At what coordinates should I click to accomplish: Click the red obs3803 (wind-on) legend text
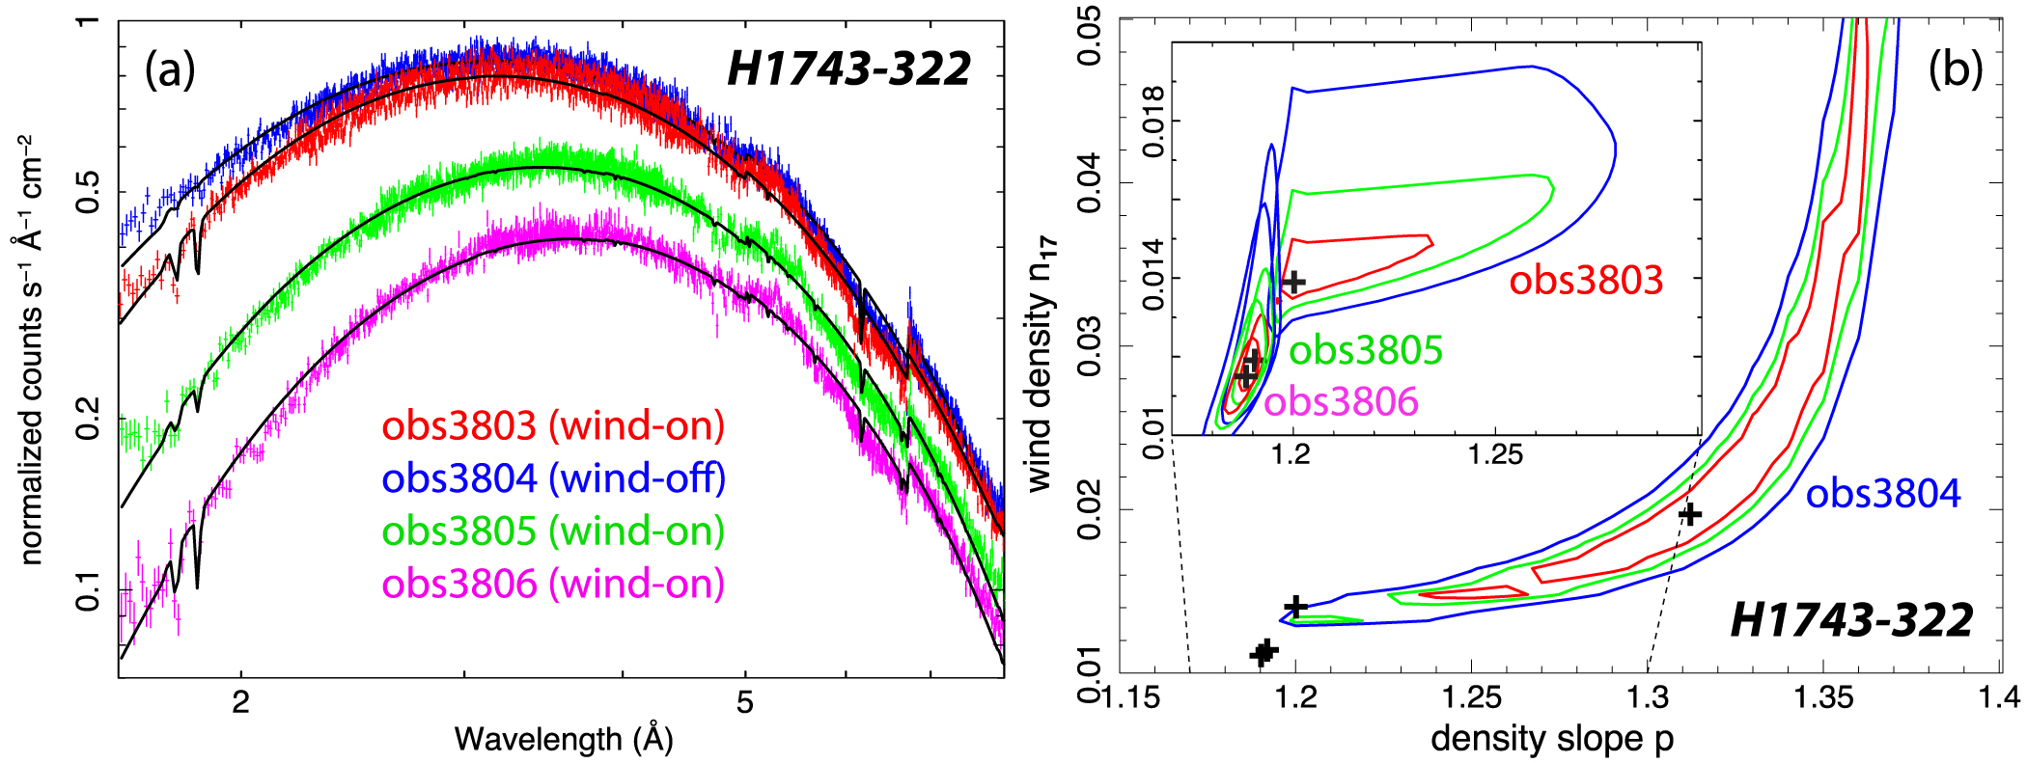552,426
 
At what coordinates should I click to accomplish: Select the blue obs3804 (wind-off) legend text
553,478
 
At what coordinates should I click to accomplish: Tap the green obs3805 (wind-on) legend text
553,531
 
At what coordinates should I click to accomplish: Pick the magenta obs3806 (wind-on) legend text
553,584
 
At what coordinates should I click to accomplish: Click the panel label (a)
170,69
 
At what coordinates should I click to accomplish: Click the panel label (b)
1955,69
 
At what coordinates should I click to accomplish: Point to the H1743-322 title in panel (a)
848,69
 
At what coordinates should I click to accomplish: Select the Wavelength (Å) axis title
564,739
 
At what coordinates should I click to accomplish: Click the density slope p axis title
1552,739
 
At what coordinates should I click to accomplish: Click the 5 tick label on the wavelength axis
744,702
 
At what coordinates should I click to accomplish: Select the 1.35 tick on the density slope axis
1823,696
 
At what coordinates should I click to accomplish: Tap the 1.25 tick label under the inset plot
1495,453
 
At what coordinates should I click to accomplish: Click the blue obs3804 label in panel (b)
1883,494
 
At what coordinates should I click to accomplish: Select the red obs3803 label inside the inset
1586,281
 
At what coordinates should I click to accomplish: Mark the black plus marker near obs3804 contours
1689,514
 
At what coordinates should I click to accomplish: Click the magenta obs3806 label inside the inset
1341,401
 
